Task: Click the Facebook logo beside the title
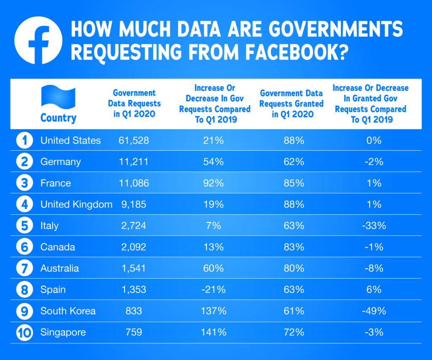click(38, 41)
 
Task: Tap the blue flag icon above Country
click(58, 97)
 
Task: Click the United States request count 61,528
click(134, 141)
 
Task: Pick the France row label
click(56, 183)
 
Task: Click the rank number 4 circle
click(25, 204)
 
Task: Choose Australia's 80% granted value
click(294, 268)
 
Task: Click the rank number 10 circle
click(25, 332)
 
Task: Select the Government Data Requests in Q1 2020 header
click(134, 103)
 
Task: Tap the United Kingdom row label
click(76, 204)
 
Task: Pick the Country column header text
click(58, 118)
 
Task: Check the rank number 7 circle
click(25, 268)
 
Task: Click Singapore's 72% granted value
click(294, 332)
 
